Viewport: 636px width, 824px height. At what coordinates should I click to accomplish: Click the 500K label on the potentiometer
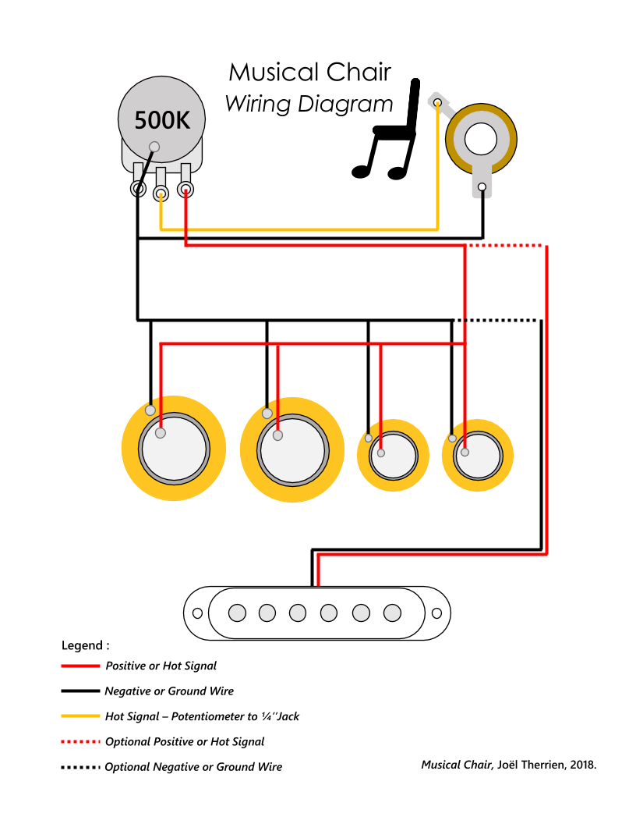[161, 120]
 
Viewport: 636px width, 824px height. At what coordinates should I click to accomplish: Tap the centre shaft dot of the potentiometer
[154, 146]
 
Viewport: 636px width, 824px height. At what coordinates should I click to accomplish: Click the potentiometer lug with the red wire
[185, 189]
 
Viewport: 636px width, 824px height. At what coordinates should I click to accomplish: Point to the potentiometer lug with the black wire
[138, 189]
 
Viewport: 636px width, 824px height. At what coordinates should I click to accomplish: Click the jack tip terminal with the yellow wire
[437, 102]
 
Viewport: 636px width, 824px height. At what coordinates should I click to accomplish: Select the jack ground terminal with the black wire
[482, 187]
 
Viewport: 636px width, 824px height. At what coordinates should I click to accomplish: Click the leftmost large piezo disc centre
[173, 449]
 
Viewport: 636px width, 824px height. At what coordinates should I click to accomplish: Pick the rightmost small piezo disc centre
[477, 456]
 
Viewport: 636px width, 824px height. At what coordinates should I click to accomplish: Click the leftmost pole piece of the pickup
[236, 613]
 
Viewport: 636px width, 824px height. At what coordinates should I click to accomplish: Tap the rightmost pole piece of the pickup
[392, 613]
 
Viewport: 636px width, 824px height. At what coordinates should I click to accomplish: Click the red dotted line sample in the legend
[81, 741]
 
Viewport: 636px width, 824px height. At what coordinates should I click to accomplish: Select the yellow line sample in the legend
[81, 716]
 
